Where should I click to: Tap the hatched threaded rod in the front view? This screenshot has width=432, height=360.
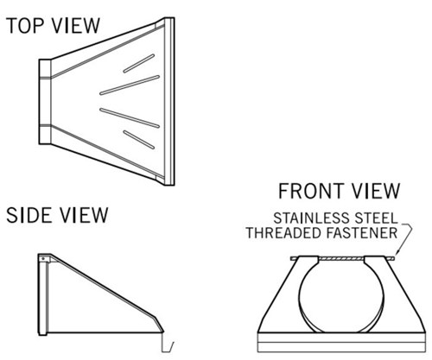click(342, 259)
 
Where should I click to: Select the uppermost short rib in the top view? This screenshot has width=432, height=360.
click(139, 63)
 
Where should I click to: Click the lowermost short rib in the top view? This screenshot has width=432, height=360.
click(139, 140)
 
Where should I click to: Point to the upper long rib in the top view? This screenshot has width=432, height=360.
click(130, 85)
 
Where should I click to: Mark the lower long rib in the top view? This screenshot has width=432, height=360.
click(130, 117)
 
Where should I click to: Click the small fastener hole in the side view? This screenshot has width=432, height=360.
click(43, 259)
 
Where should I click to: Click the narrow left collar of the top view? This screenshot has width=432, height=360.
click(45, 102)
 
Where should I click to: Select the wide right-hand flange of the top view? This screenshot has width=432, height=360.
click(169, 101)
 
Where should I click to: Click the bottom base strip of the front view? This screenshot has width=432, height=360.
click(341, 343)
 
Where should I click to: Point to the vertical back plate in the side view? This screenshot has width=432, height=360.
click(42, 294)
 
